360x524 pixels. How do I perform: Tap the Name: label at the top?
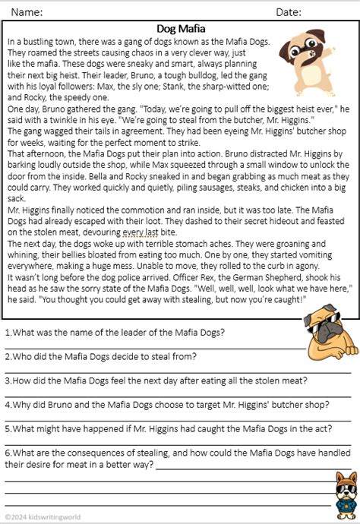coord(27,12)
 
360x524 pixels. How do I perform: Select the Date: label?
coord(289,12)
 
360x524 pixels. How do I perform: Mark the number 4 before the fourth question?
coord(8,404)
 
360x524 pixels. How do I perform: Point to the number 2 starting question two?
coord(8,357)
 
